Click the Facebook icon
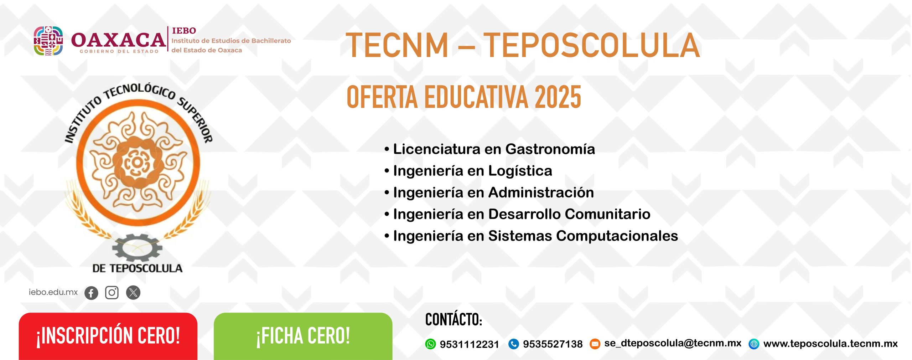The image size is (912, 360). (x=91, y=293)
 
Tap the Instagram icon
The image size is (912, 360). (x=112, y=293)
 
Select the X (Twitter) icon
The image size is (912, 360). (x=133, y=293)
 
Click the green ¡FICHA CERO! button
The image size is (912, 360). (x=303, y=336)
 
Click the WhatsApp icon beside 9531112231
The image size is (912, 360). (x=430, y=344)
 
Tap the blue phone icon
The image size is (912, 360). (x=513, y=344)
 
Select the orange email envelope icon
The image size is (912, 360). (x=595, y=344)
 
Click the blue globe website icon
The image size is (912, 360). (x=754, y=344)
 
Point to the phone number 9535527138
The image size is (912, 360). (x=553, y=344)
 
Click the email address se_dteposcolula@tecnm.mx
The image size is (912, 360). (x=673, y=343)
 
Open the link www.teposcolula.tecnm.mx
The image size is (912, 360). (x=830, y=344)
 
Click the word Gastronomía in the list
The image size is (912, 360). (x=550, y=149)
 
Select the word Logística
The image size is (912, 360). (x=520, y=171)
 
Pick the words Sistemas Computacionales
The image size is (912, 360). (x=583, y=236)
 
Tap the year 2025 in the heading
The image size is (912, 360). (x=558, y=97)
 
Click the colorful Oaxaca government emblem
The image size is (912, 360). (x=48, y=41)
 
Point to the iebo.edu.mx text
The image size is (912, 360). (x=53, y=292)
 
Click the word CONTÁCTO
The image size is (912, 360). (x=454, y=320)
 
